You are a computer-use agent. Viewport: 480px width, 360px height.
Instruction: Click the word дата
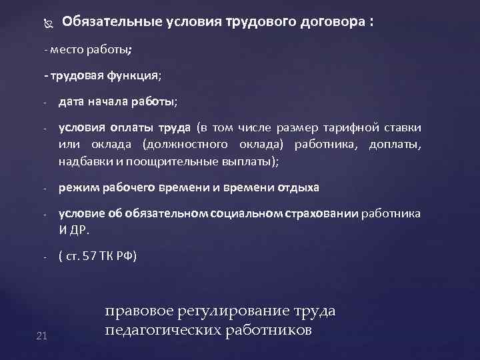click(x=71, y=102)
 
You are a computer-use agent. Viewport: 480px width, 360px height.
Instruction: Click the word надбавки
click(x=86, y=161)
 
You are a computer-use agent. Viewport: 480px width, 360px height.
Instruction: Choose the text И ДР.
click(x=73, y=230)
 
